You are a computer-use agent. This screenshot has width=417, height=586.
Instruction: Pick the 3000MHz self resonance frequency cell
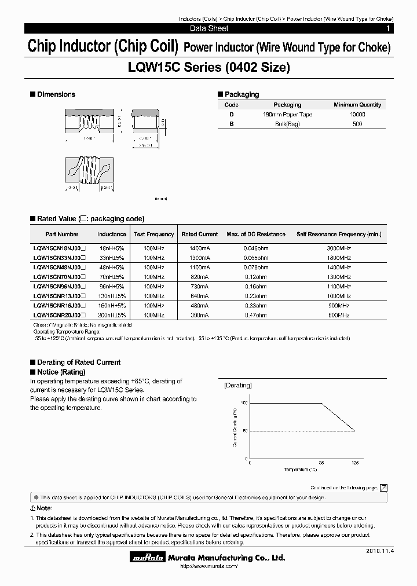point(339,248)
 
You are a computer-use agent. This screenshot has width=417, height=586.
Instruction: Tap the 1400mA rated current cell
point(200,248)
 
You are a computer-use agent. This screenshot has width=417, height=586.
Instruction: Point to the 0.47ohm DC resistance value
point(255,316)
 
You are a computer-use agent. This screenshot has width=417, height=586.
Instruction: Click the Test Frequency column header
point(153,234)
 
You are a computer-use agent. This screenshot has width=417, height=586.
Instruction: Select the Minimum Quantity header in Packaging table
point(357,105)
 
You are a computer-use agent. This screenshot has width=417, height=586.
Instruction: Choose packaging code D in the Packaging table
point(231,115)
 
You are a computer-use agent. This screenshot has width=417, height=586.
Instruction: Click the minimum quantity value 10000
point(357,115)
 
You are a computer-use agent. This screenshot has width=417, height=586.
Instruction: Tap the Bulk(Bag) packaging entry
point(287,124)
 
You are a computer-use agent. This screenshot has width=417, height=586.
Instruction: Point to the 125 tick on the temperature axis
point(354,463)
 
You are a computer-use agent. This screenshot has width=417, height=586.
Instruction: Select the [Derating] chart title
point(237,385)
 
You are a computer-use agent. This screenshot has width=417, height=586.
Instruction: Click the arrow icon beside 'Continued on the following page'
point(383,488)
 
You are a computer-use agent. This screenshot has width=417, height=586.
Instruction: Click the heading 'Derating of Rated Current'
point(79,362)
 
